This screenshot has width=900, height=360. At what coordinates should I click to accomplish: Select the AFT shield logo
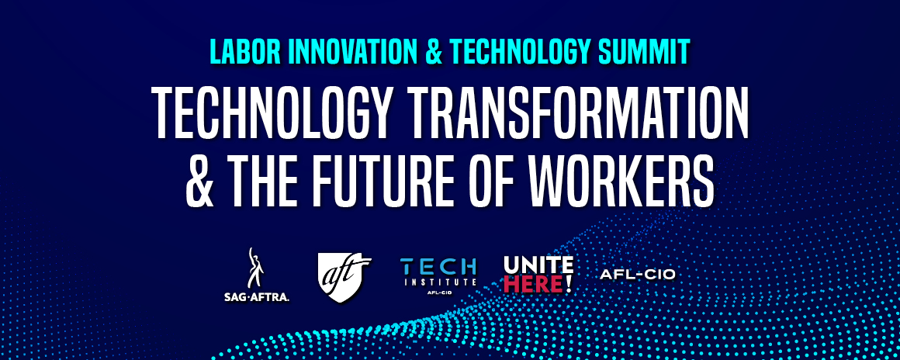coord(344,272)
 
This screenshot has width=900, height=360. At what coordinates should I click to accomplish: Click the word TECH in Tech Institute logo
coord(438,266)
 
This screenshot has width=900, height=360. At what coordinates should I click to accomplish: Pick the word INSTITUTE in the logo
coord(438,282)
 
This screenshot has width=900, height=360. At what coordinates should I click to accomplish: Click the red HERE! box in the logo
coord(538,285)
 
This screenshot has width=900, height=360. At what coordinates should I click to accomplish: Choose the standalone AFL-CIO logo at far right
coord(637,275)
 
